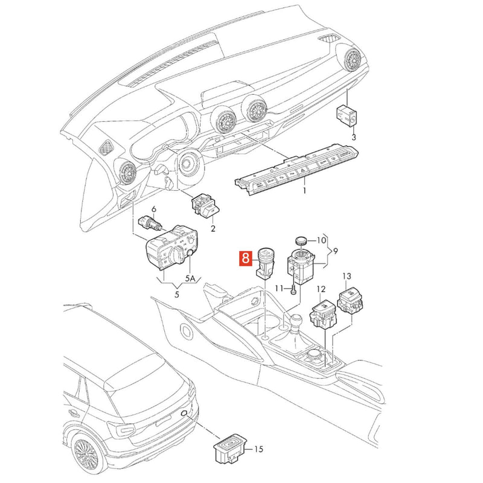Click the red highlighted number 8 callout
coord(245,258)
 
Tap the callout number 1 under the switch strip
coord(304,191)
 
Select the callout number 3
coord(354,137)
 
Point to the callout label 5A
coord(190,279)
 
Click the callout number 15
coord(259,449)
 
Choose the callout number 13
coord(347,277)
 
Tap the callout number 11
coord(279,289)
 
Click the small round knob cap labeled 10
coord(301,240)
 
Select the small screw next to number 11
coord(293,290)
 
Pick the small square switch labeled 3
coord(347,116)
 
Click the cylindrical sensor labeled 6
coord(150,223)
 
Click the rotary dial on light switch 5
coord(177,254)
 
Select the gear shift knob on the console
coord(296,321)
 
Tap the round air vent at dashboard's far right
coord(353,60)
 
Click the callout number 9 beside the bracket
coord(336,251)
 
